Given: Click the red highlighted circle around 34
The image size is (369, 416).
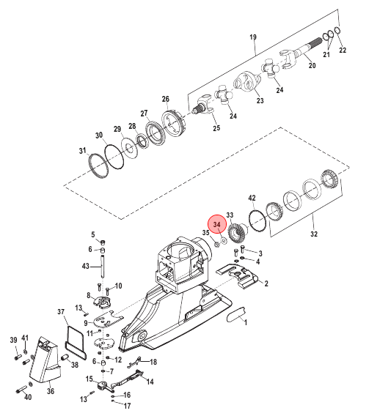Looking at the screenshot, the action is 217,224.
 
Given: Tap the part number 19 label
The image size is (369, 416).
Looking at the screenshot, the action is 253,37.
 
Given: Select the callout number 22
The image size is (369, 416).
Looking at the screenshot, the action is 343,50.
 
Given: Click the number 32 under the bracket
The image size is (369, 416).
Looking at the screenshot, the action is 314,234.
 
